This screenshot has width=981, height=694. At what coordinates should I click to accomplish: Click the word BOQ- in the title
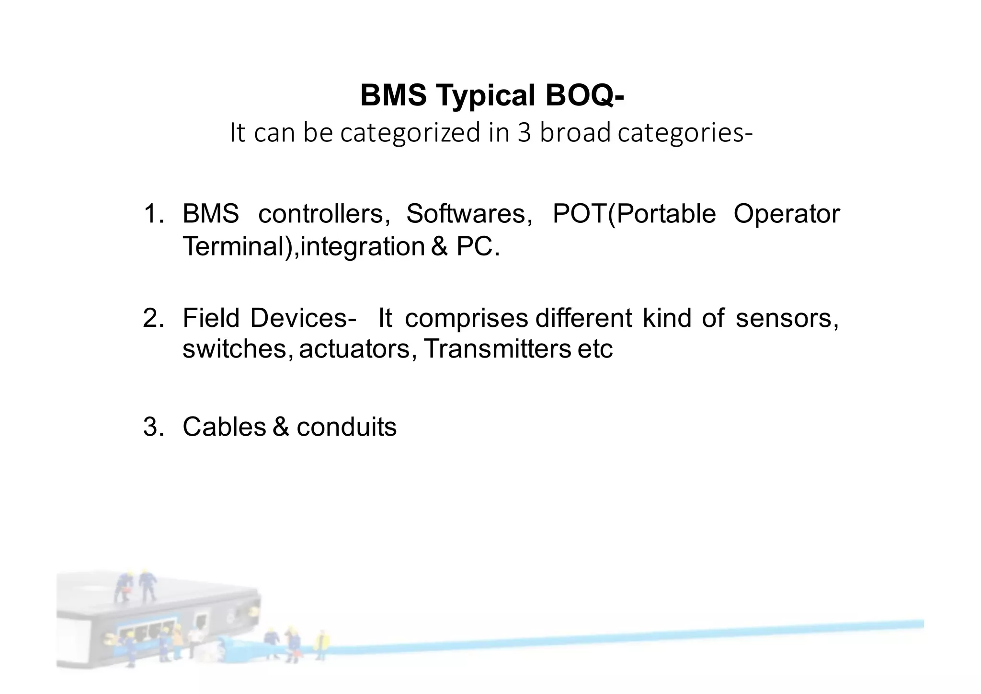(584, 95)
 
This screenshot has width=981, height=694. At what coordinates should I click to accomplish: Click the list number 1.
(152, 214)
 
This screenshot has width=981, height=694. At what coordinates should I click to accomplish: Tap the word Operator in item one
(787, 214)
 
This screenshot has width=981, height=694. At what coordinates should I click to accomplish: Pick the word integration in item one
(362, 247)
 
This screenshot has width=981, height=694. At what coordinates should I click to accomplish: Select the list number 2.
(152, 318)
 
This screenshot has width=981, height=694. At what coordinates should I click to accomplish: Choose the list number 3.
(152, 427)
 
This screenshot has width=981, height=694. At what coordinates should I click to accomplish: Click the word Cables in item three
(224, 427)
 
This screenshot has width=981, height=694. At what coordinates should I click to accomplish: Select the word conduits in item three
(346, 427)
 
